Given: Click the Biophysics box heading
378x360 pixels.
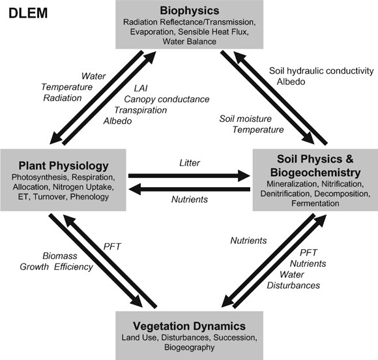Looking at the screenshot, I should [x=189, y=10].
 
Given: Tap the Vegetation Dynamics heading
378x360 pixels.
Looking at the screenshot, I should [x=188, y=325].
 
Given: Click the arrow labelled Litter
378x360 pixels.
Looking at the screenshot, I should [x=190, y=175].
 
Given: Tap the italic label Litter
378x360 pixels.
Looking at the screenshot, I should [x=189, y=162].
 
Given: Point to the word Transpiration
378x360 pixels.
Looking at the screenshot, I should [x=146, y=110].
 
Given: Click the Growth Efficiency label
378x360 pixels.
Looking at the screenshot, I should [x=65, y=267].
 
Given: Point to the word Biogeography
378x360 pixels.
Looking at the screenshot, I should [x=189, y=348].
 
